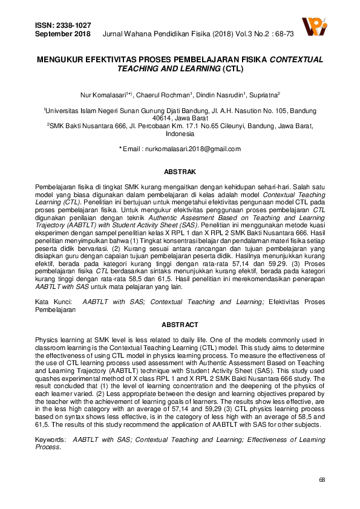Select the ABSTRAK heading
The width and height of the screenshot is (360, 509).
180,172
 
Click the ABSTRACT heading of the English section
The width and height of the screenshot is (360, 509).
180,325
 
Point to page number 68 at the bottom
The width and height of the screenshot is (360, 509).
322,479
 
